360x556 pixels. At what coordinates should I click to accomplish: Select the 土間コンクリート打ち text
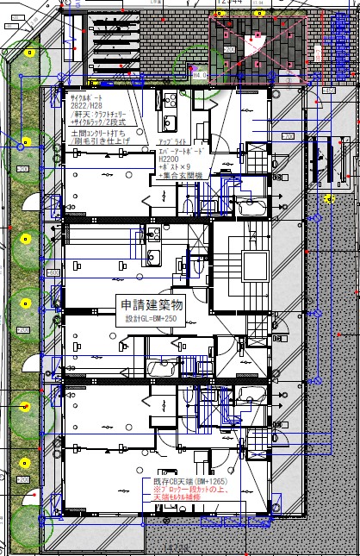tap(98, 134)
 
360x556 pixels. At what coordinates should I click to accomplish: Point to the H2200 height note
tap(168, 159)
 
